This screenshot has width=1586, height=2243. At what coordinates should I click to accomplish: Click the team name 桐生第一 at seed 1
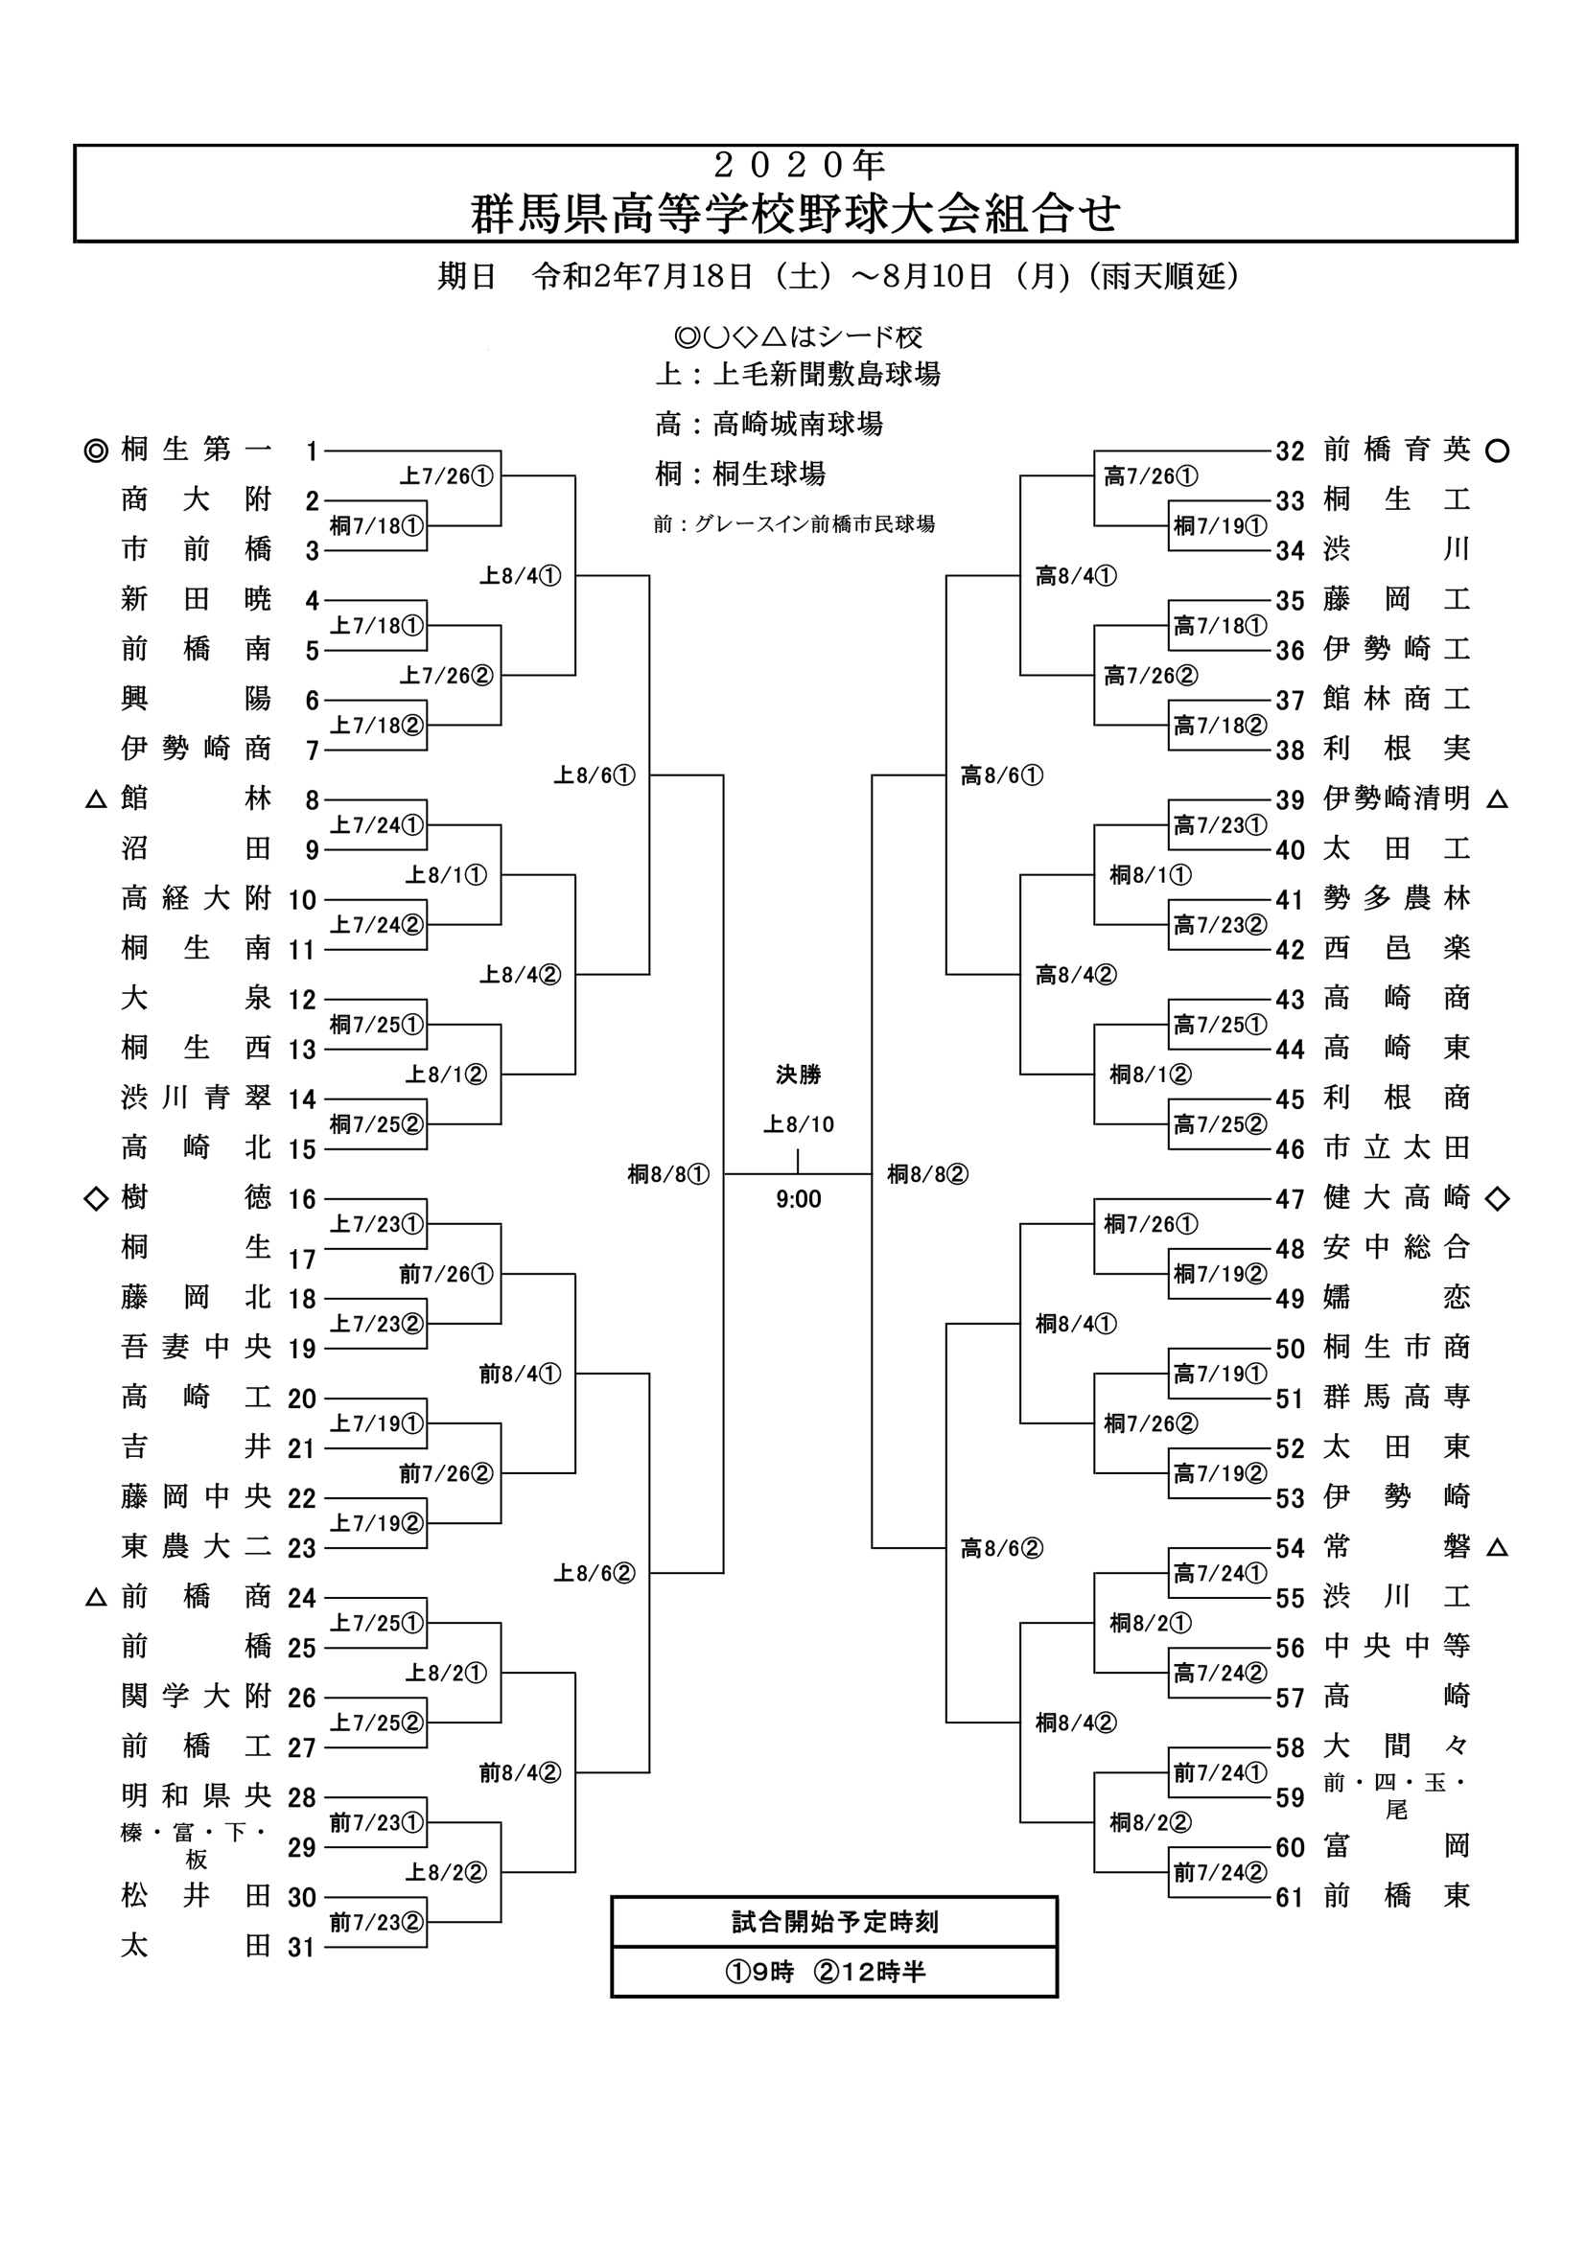click(197, 450)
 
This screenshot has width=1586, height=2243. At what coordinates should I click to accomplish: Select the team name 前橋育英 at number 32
click(1396, 450)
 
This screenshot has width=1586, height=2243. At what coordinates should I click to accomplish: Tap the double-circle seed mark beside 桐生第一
click(96, 451)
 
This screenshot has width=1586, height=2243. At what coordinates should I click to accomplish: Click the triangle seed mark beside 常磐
click(1497, 1547)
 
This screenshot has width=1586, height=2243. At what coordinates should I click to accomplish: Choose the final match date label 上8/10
click(799, 1124)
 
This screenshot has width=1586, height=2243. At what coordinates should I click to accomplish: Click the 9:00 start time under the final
click(799, 1200)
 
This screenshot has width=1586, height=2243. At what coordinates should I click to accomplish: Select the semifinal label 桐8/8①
click(668, 1174)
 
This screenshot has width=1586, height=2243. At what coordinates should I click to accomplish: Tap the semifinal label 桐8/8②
click(927, 1174)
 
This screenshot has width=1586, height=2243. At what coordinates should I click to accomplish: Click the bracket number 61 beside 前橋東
click(1290, 1897)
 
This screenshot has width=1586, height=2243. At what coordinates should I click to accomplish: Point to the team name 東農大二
click(197, 1546)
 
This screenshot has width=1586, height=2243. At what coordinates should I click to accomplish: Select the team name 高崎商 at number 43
click(1396, 999)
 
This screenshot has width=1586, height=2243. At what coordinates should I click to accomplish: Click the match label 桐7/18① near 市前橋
click(376, 526)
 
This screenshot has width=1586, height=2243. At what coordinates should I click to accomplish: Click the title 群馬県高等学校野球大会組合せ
click(796, 214)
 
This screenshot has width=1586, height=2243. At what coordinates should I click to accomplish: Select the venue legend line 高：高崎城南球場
click(769, 424)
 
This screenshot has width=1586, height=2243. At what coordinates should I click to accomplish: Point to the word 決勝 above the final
click(799, 1075)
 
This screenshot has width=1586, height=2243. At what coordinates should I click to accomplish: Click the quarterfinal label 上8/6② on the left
click(595, 1573)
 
